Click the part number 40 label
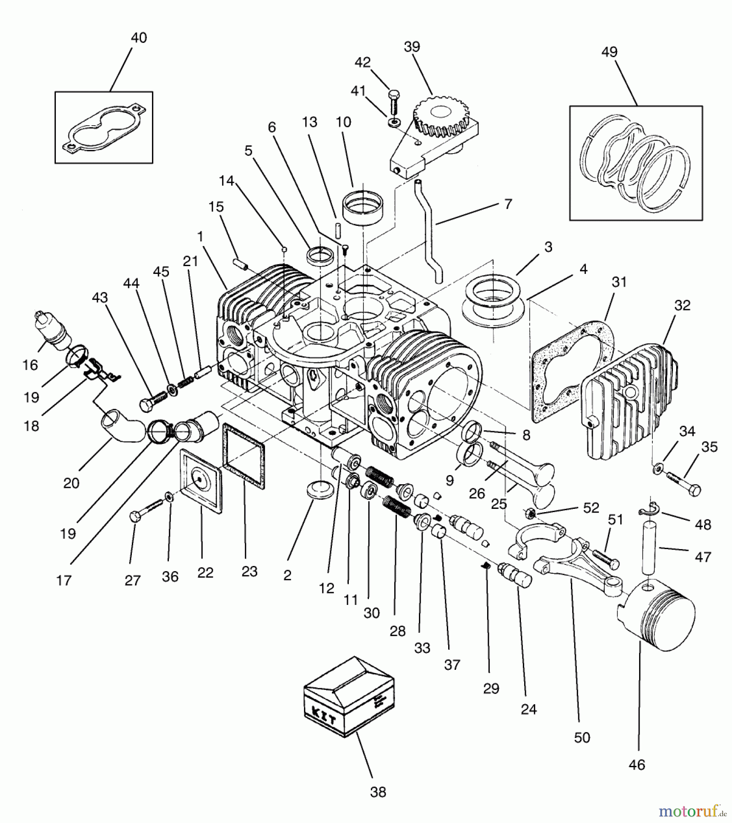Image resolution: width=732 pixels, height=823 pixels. point(139,37)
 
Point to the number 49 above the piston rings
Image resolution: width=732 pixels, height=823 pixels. point(609,52)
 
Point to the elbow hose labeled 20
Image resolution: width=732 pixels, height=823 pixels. point(122,426)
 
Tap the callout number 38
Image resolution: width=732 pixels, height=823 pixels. point(378,792)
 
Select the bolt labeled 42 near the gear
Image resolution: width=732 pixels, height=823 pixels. point(393,103)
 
